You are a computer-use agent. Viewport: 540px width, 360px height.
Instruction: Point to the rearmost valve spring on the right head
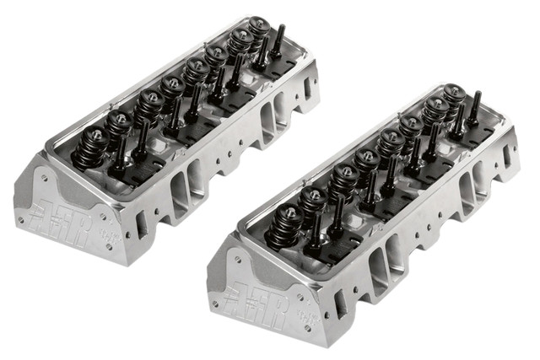click(454, 96)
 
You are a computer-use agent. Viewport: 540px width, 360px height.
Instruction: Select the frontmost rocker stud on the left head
click(119, 159)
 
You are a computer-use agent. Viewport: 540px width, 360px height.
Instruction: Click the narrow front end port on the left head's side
click(141, 223)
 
